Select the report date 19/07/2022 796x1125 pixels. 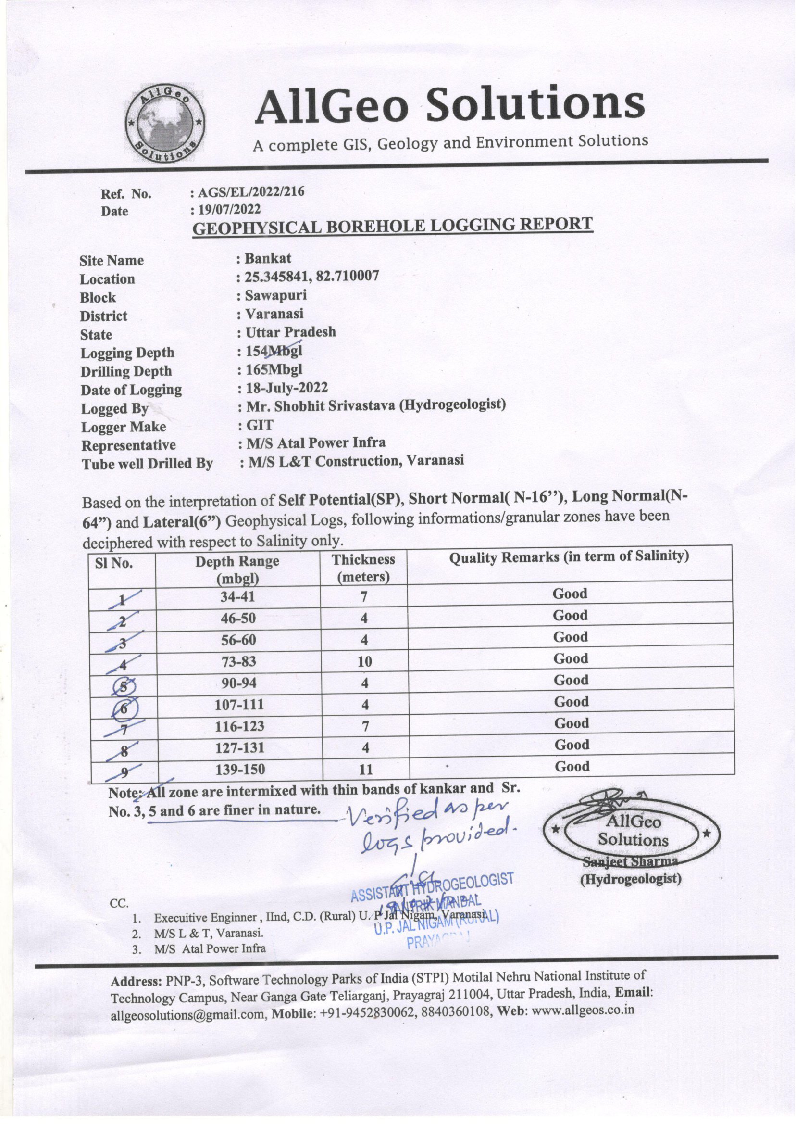(x=228, y=210)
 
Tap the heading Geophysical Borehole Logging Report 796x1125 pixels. (x=392, y=227)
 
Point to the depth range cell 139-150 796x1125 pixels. (x=240, y=770)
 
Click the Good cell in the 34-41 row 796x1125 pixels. (x=570, y=594)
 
